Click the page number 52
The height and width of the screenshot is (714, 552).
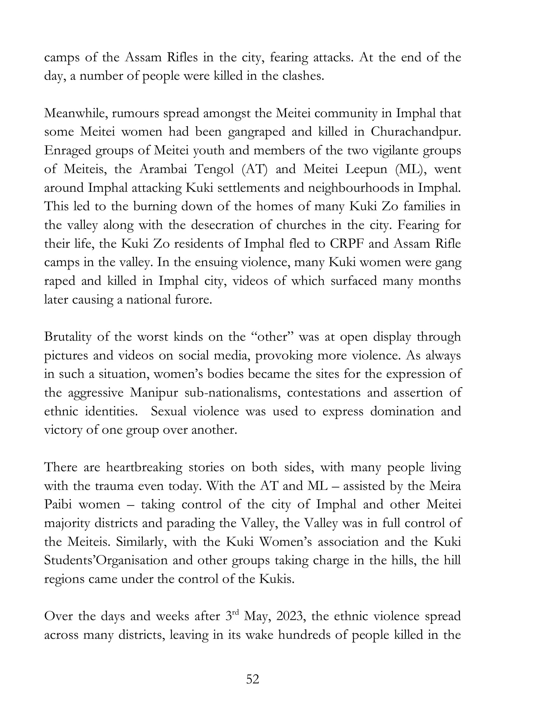point(253,679)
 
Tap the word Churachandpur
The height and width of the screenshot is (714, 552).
point(416,132)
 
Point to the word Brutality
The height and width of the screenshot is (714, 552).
point(68,337)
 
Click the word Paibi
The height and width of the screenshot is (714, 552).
point(58,505)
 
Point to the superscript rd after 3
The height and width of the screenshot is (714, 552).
point(236,613)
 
